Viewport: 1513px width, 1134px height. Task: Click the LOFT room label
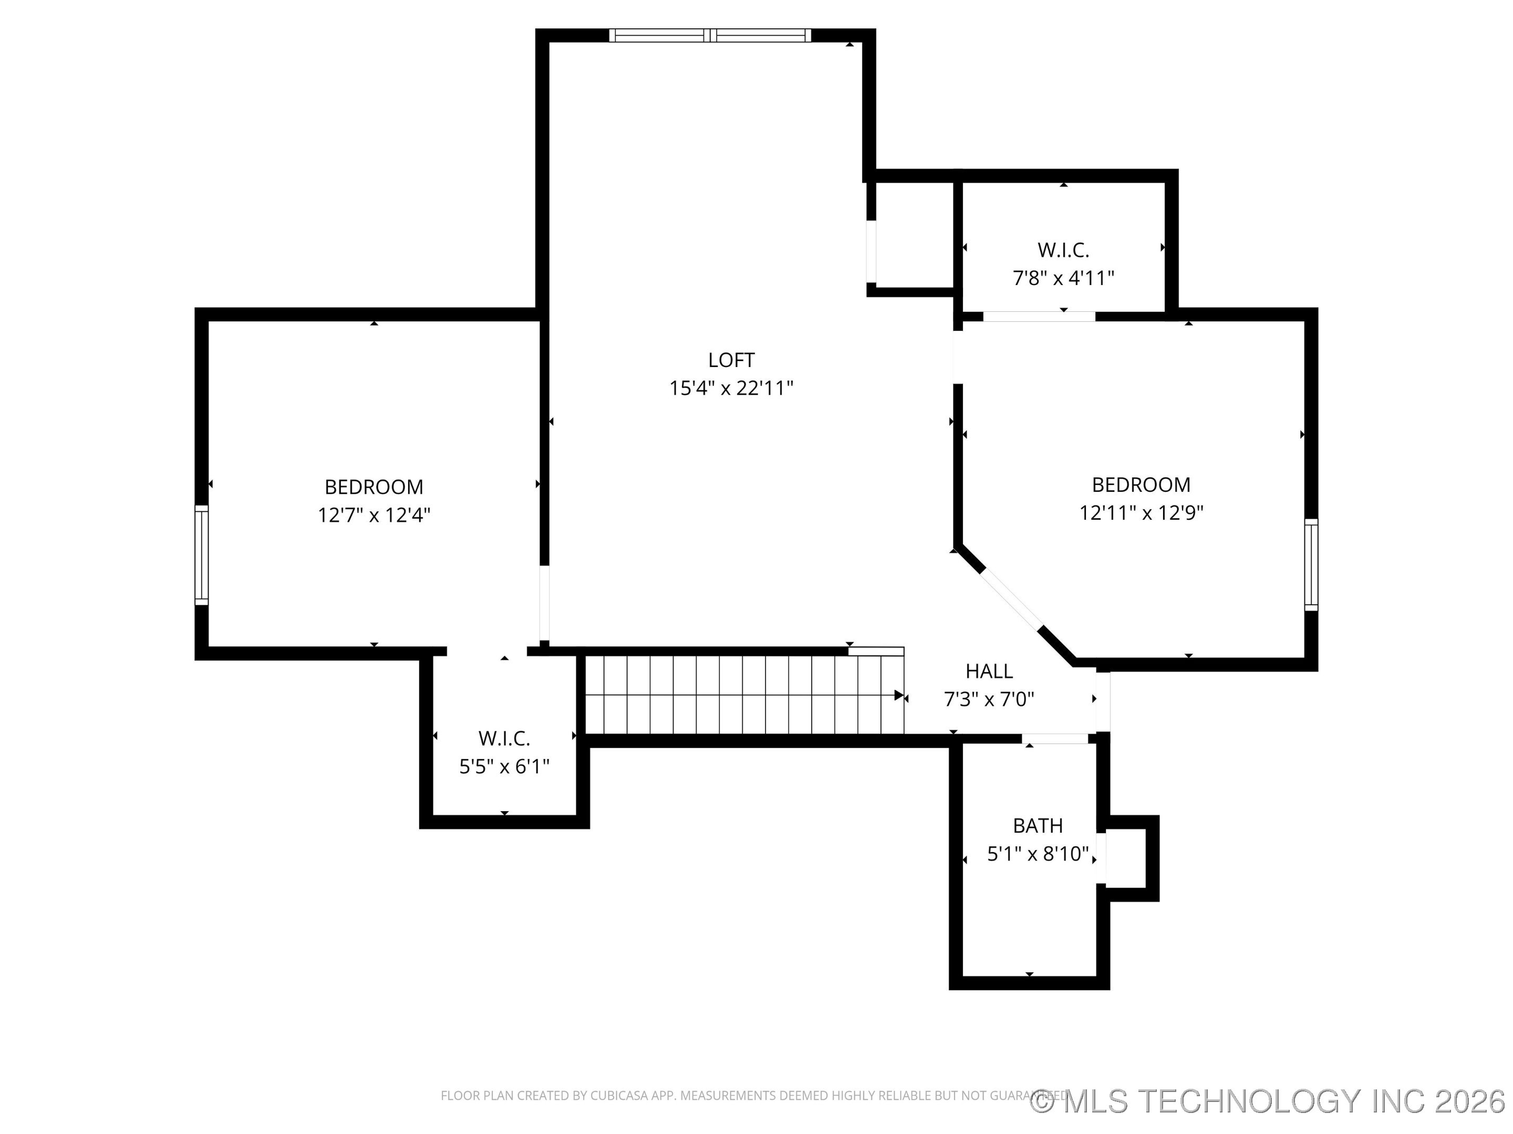tap(731, 360)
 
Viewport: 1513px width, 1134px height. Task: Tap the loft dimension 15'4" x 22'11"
tap(731, 388)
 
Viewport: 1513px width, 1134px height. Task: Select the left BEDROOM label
tap(374, 487)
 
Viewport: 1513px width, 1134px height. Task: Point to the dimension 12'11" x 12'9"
tap(1141, 512)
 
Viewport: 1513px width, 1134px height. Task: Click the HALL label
tap(989, 671)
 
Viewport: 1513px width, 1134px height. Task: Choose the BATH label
tap(1038, 826)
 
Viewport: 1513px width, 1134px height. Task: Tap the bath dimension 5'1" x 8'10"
tap(1038, 854)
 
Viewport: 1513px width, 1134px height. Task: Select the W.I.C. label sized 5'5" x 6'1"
tap(504, 738)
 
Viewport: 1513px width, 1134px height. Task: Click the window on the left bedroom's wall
tap(201, 555)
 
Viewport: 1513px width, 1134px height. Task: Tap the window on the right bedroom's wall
tap(1311, 564)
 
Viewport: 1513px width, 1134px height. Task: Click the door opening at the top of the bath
tap(1055, 738)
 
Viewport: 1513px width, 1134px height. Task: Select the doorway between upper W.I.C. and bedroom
tap(1039, 316)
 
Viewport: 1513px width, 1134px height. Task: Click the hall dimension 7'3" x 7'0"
tap(989, 699)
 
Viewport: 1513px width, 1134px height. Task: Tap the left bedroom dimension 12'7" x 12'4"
tap(374, 514)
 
